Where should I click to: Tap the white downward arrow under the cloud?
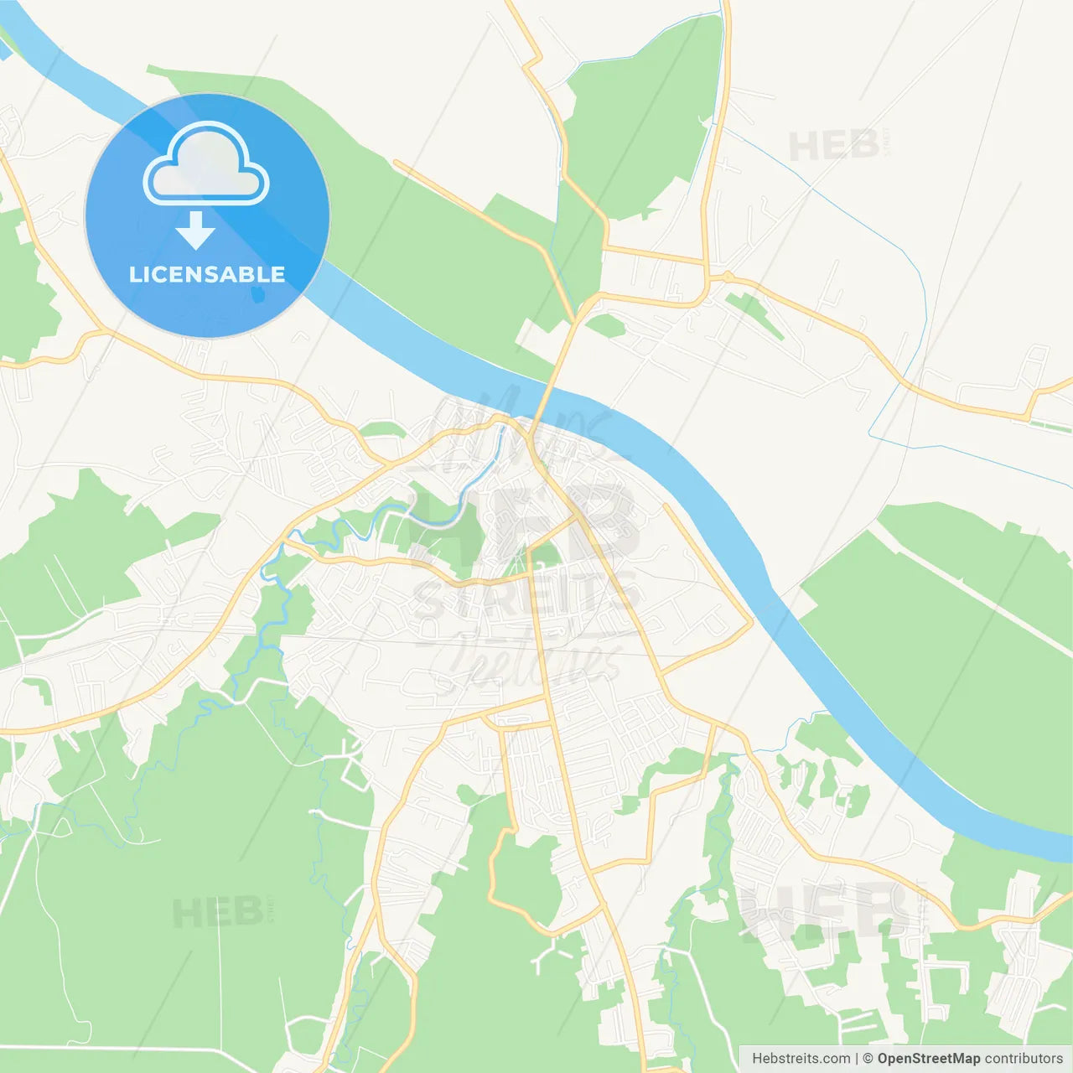[x=195, y=230]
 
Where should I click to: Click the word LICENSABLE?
[x=207, y=274]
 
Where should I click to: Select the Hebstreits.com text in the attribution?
[x=801, y=1059]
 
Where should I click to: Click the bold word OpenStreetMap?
[x=928, y=1059]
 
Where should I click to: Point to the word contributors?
[x=1024, y=1059]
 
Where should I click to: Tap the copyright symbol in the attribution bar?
[x=868, y=1059]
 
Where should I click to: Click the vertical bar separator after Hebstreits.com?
[x=856, y=1059]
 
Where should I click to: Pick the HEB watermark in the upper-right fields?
[x=833, y=147]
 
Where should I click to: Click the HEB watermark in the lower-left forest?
[x=218, y=912]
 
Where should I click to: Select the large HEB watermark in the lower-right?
[x=826, y=910]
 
